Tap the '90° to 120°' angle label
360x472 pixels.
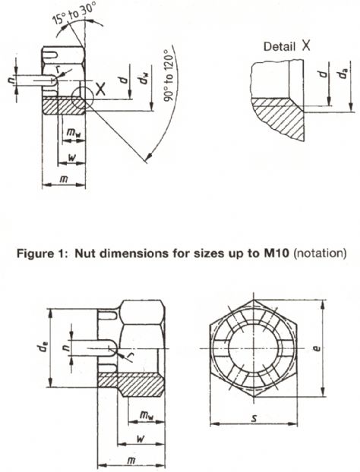[169, 77]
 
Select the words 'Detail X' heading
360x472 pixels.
[286, 46]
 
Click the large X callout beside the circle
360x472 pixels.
[100, 89]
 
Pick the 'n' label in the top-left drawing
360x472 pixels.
[11, 80]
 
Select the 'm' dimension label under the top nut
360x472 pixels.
[63, 179]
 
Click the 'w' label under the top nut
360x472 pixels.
[71, 157]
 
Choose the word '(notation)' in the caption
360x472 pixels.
[320, 253]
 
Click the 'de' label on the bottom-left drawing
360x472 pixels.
[42, 348]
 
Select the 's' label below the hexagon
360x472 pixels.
[254, 418]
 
